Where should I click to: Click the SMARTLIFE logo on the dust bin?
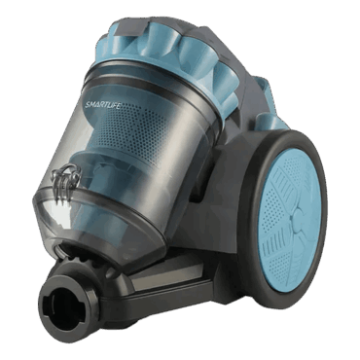tap(102, 104)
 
